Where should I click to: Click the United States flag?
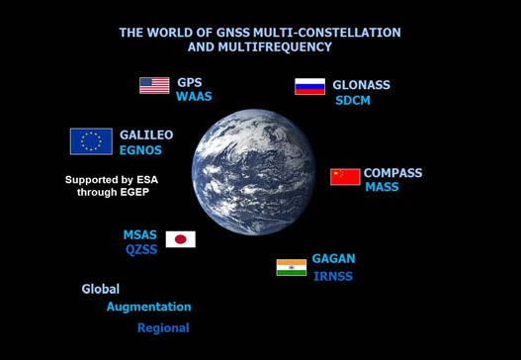tap(154, 85)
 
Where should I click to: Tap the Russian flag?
tap(309, 86)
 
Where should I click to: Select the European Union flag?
tap(91, 141)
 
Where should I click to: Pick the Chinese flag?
tap(345, 177)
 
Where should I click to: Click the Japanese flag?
tap(181, 239)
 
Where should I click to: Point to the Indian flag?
tap(292, 268)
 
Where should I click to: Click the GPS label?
tap(190, 82)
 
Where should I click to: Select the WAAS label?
tap(194, 96)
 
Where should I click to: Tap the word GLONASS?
tap(361, 85)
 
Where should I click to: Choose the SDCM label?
tap(353, 101)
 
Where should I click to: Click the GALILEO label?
tap(146, 135)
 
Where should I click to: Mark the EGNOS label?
tap(140, 150)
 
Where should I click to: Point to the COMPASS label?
tap(392, 173)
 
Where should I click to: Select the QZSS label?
tap(141, 249)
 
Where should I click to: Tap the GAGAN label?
tap(333, 258)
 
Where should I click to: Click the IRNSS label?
tap(333, 276)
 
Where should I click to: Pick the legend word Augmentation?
tap(149, 307)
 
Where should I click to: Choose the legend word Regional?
tap(163, 328)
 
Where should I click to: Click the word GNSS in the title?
tap(232, 33)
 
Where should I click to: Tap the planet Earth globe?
tap(253, 172)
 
